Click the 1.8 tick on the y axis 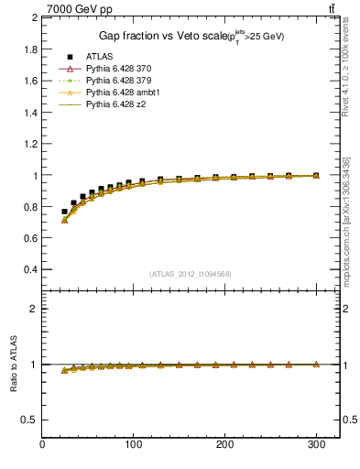pyautogui.click(x=31, y=49)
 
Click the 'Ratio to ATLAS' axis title pyautogui.click(x=13, y=365)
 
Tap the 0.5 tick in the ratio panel pyautogui.click(x=31, y=420)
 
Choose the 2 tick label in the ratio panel pyautogui.click(x=35, y=309)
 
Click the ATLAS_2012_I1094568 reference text pyautogui.click(x=191, y=273)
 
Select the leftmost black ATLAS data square pyautogui.click(x=64, y=212)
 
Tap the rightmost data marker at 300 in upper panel pyautogui.click(x=316, y=175)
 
